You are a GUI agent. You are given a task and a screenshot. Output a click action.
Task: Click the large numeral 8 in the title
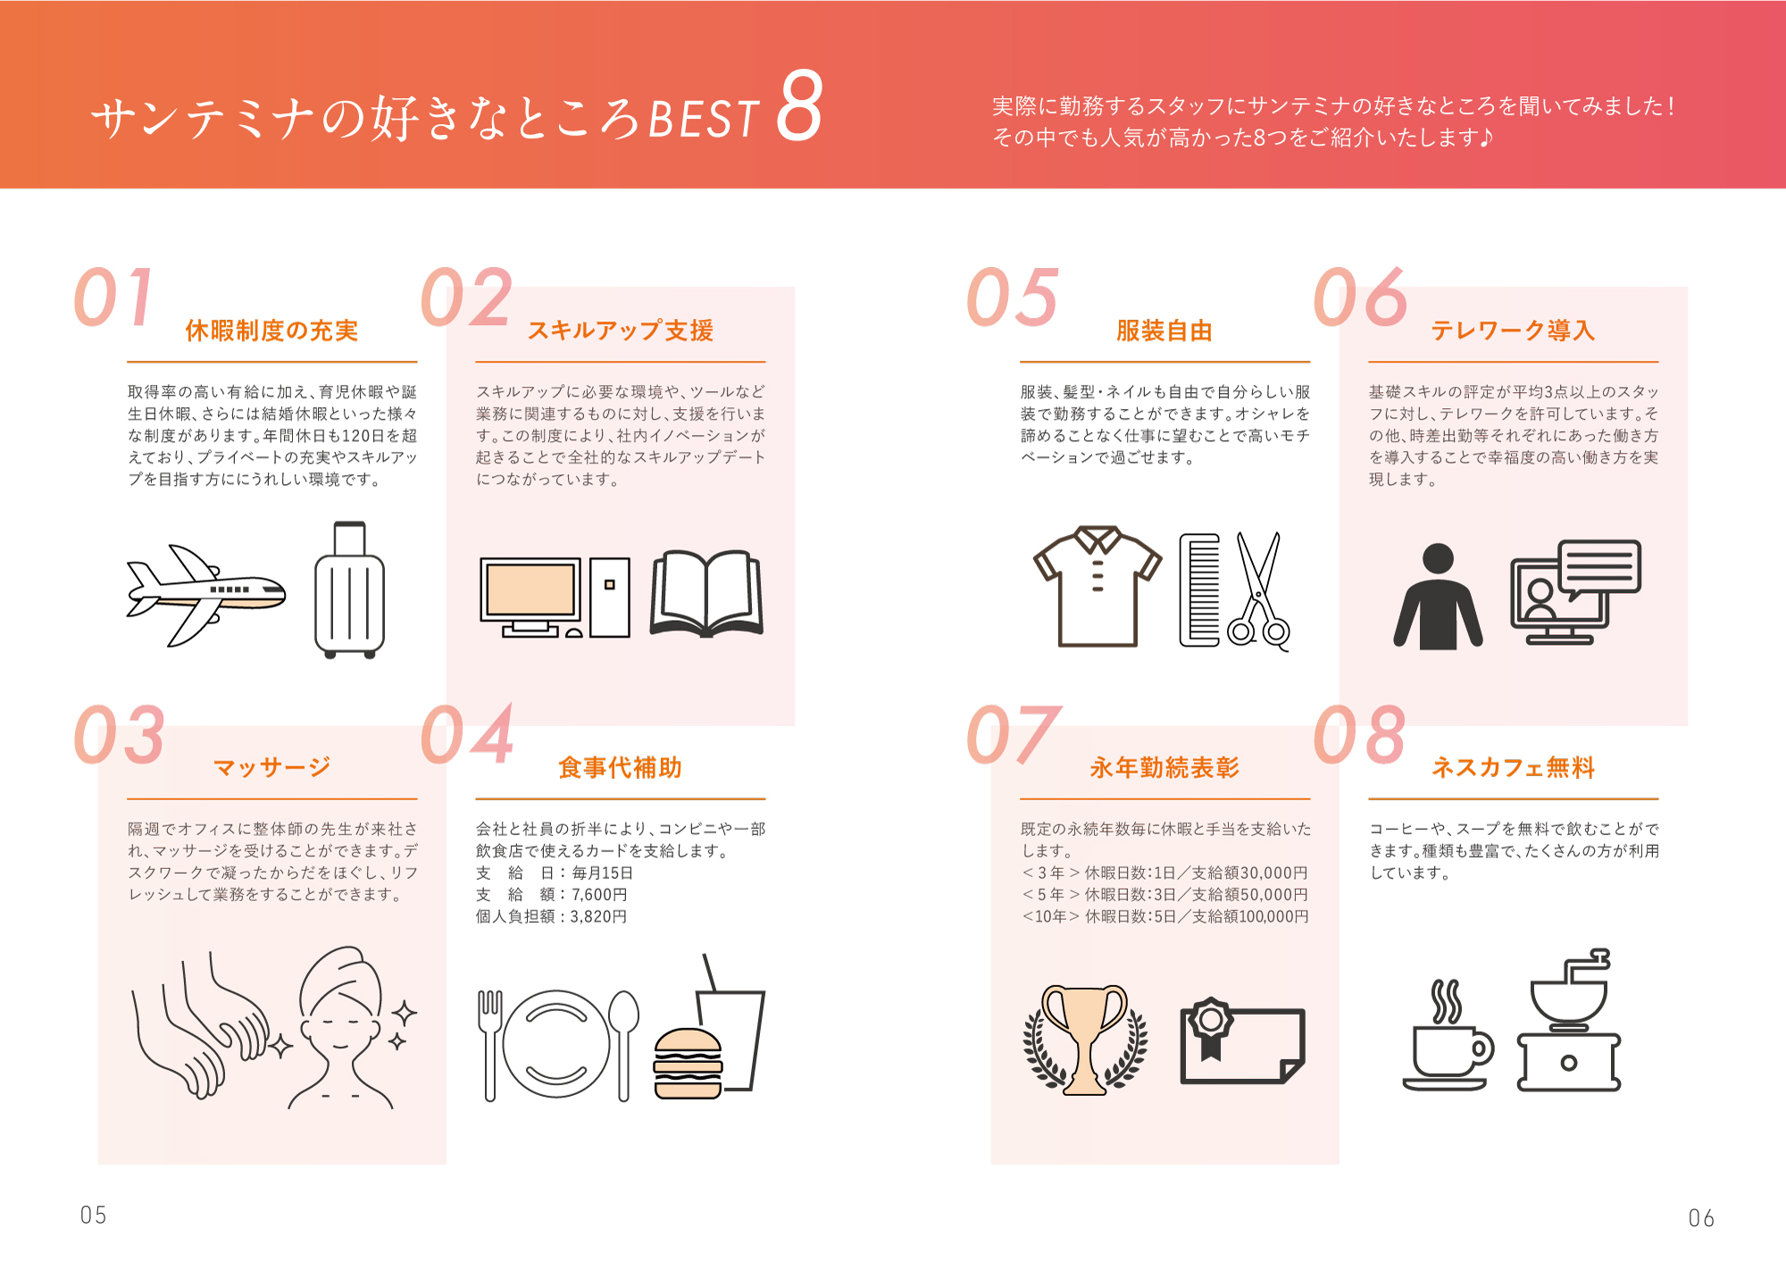[x=798, y=106]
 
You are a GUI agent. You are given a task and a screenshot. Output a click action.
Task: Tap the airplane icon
[x=206, y=595]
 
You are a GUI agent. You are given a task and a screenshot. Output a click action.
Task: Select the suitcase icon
[x=349, y=589]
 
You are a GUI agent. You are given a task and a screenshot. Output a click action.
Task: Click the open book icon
[x=706, y=593]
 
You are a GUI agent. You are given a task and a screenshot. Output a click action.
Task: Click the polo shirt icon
[x=1097, y=586]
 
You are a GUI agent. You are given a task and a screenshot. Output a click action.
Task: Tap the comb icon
[x=1199, y=589]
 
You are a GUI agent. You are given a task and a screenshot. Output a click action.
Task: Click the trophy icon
[x=1085, y=1040]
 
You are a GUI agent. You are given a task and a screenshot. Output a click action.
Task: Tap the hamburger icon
[x=688, y=1063]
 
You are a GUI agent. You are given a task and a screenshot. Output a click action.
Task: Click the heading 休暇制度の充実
[x=271, y=330]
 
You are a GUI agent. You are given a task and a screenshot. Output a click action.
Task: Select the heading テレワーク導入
[x=1513, y=330]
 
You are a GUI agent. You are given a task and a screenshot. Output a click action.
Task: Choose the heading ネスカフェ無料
[x=1513, y=767]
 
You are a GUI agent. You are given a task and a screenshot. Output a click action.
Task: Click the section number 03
[x=119, y=734]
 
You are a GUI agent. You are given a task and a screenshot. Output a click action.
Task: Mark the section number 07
[x=1013, y=734]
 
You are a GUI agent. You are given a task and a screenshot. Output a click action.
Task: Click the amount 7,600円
[x=599, y=894]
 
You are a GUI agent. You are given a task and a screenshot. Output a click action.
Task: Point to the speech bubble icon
[x=1599, y=569]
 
